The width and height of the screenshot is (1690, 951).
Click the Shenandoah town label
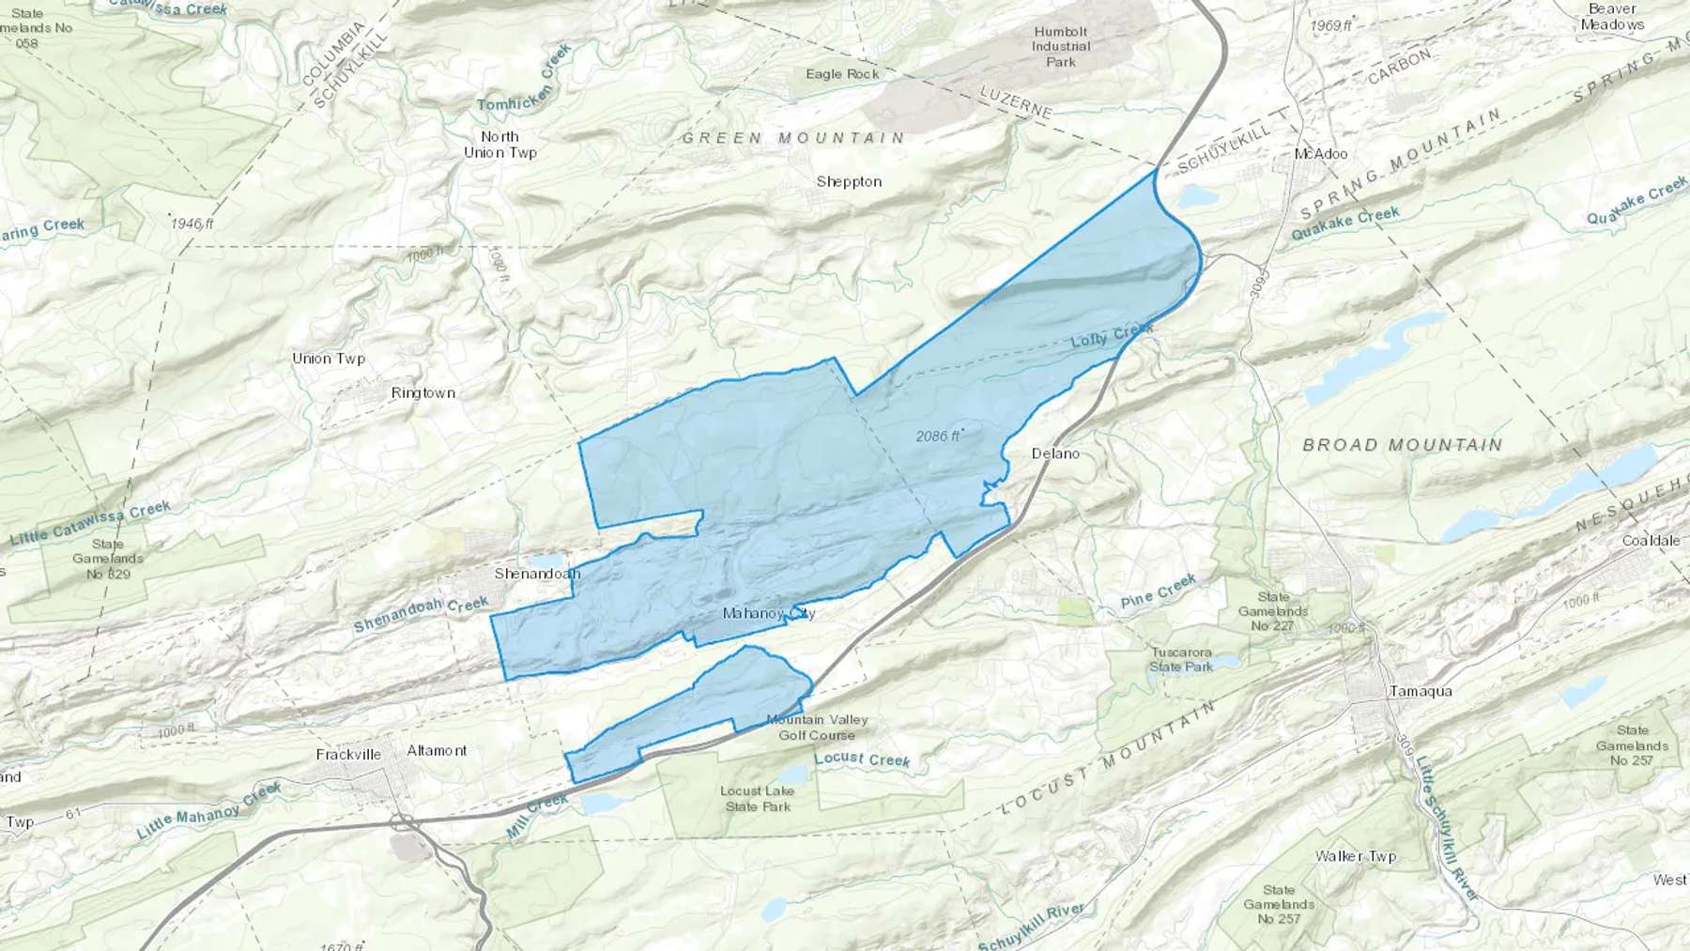pyautogui.click(x=537, y=574)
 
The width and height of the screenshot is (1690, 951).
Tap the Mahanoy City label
pyautogui.click(x=768, y=614)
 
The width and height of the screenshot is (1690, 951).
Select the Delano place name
pyautogui.click(x=1055, y=453)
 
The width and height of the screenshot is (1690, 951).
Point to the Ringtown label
pyautogui.click(x=423, y=393)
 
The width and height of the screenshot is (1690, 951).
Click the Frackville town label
pyautogui.click(x=348, y=755)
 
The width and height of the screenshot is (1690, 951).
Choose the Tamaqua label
pyautogui.click(x=1420, y=692)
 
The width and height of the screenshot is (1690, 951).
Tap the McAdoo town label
pyautogui.click(x=1320, y=154)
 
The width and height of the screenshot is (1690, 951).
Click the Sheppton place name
pyautogui.click(x=849, y=182)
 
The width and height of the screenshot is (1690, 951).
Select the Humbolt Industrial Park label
pyautogui.click(x=1061, y=46)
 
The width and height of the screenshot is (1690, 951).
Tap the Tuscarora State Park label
pyautogui.click(x=1181, y=659)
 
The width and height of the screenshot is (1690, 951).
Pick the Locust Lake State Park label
pyautogui.click(x=758, y=799)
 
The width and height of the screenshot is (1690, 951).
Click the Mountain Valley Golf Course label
pyautogui.click(x=817, y=728)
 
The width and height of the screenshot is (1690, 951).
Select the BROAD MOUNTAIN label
pyautogui.click(x=1403, y=445)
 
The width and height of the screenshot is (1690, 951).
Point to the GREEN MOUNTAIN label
pyautogui.click(x=793, y=138)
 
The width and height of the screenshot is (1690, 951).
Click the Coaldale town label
pyautogui.click(x=1651, y=541)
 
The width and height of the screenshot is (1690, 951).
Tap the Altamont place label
pyautogui.click(x=437, y=751)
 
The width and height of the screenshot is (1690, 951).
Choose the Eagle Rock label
pyautogui.click(x=842, y=74)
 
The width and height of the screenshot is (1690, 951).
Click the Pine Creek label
pyautogui.click(x=1159, y=593)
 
